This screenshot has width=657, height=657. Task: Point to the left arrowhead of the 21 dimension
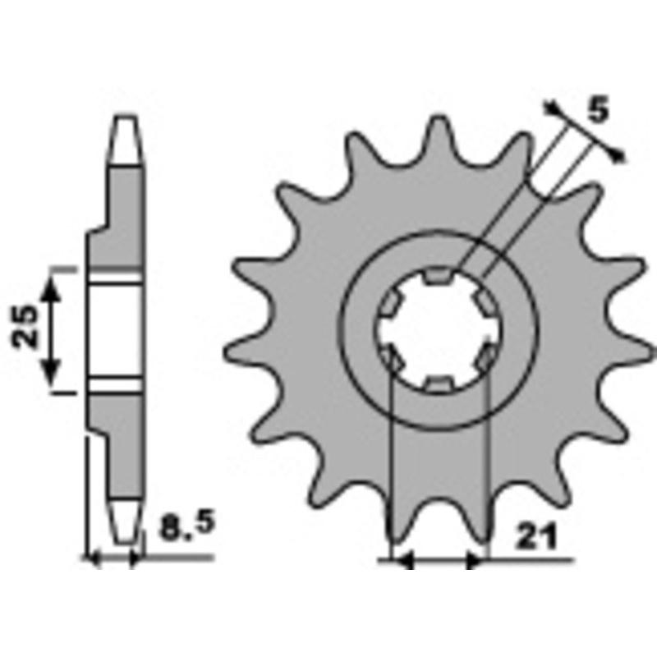coord(402,562)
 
